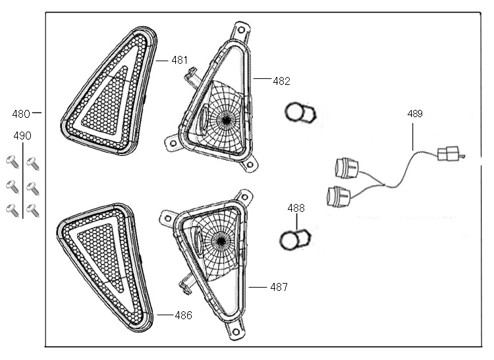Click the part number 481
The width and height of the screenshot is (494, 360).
180,60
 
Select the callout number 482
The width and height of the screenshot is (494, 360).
281,82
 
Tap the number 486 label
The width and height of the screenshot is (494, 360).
184,315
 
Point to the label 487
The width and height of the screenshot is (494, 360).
279,287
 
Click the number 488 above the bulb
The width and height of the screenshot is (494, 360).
296,208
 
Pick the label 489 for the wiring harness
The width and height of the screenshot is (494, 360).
415,114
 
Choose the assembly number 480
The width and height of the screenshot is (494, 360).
21,114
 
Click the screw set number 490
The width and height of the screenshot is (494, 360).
22,136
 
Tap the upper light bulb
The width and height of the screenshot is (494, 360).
300,113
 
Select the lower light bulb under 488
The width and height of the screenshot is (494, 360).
295,239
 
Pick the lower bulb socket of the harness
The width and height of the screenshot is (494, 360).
339,195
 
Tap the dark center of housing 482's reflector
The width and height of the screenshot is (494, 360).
226,120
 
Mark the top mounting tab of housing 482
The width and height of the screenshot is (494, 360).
240,30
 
